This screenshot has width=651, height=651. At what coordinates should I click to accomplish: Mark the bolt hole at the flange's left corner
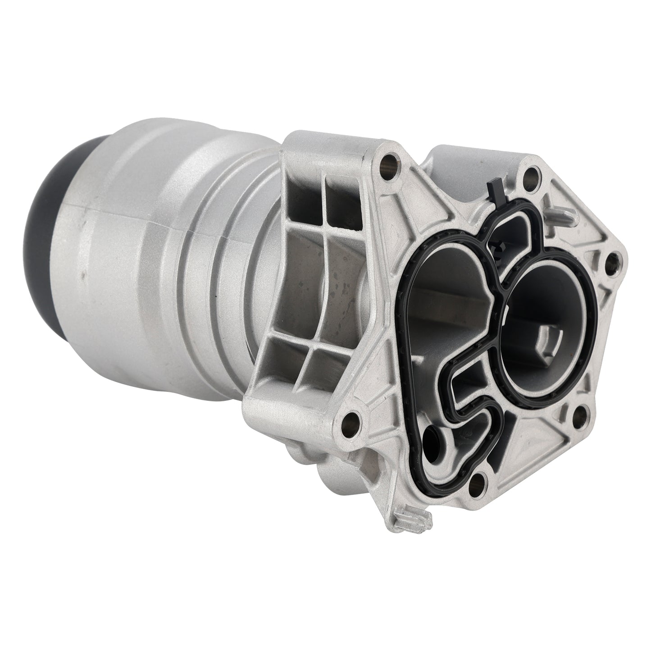click(351, 408)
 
